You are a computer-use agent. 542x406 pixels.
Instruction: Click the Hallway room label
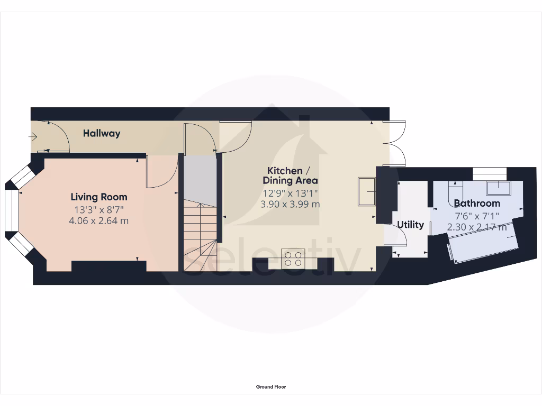101,133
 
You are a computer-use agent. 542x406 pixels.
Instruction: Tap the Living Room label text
99,197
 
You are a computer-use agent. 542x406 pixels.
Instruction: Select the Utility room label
411,225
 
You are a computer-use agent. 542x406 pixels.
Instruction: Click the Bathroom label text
476,203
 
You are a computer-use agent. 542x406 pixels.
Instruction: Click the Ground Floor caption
271,387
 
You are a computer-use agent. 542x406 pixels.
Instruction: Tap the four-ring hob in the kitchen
293,259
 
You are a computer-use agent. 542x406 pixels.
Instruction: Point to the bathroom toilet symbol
456,188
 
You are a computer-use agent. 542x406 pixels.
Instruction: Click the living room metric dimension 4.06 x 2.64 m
99,220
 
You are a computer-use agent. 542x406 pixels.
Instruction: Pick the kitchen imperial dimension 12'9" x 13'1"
290,193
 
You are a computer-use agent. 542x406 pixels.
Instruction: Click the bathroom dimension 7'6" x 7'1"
476,216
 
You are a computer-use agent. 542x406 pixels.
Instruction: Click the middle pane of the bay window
11,210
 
